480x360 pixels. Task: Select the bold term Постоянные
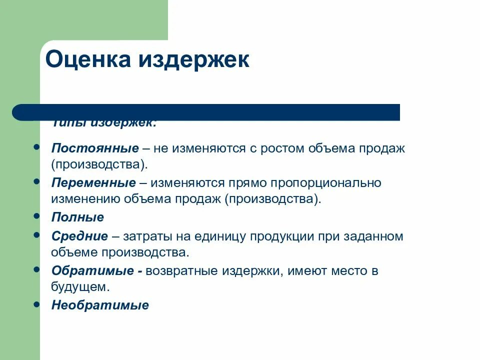point(95,148)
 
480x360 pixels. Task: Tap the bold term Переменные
point(93,183)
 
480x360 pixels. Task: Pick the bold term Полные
point(77,217)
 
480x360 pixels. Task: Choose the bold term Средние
point(79,236)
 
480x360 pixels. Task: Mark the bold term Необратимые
point(100,305)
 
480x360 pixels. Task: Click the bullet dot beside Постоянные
point(36,147)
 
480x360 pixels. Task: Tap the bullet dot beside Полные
point(36,216)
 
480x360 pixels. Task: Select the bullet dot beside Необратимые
point(36,304)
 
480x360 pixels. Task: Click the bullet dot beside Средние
point(36,235)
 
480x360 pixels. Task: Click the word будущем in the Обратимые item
point(79,287)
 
